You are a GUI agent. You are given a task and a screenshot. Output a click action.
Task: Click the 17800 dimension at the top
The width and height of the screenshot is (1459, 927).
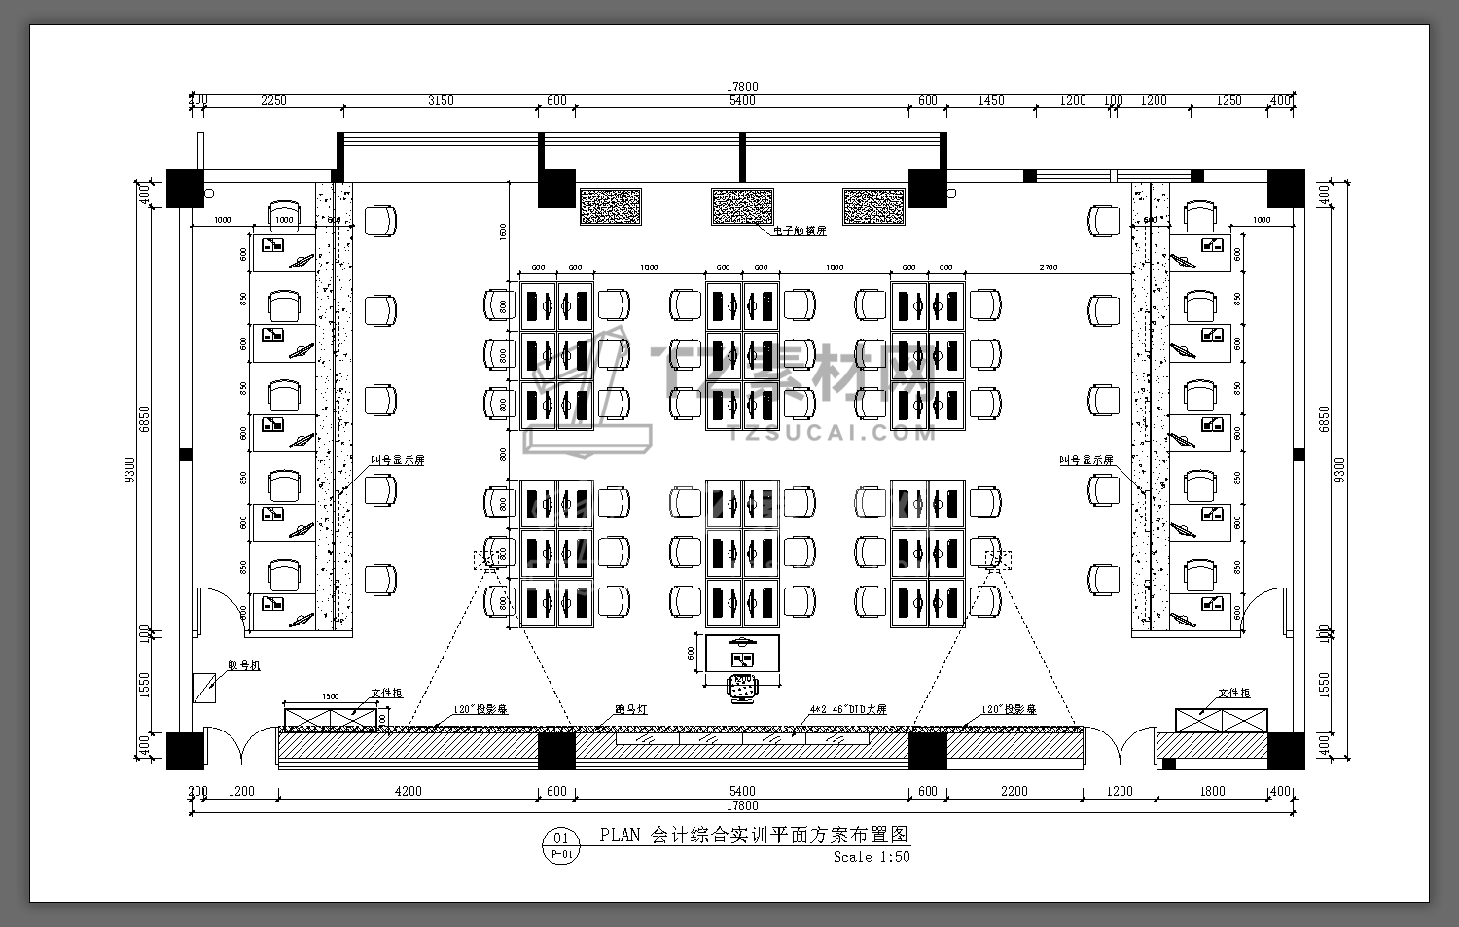pos(741,87)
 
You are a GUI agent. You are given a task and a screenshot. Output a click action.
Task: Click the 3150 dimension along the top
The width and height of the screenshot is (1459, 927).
pos(441,100)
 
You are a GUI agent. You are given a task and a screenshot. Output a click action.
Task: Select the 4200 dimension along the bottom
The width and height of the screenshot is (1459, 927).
pos(408,791)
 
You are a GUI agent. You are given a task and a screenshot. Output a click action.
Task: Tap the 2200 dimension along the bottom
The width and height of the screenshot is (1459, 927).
pos(1014,791)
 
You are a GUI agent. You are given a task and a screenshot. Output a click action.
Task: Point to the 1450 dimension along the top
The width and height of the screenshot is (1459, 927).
pos(991,100)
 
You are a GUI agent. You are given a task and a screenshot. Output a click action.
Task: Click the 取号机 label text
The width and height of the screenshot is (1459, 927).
pos(244,665)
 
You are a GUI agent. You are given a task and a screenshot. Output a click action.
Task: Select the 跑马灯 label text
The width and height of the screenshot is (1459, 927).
pos(630,710)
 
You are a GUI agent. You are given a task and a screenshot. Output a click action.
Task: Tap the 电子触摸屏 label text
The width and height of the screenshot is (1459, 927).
pos(799,232)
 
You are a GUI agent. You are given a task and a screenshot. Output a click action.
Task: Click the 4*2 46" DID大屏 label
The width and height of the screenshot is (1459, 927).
pos(847,710)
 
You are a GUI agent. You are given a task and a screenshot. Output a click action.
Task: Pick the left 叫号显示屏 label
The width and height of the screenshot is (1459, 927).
pos(397,460)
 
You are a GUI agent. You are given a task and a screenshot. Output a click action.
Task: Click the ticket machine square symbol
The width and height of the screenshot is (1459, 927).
pos(205,687)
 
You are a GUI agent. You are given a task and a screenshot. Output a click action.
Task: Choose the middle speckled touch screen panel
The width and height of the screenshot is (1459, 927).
pos(742,206)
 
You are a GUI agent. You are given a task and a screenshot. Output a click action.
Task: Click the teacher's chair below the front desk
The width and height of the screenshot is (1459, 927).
pos(743,688)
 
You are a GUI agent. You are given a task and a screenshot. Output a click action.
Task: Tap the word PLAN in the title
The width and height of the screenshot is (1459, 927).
pos(620,835)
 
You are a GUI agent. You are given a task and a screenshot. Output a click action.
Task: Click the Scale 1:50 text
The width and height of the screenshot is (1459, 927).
pos(872,857)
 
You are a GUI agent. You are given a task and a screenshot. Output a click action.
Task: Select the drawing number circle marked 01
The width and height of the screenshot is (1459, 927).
pos(559,838)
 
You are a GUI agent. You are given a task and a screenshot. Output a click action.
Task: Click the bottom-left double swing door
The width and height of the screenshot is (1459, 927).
pos(228,744)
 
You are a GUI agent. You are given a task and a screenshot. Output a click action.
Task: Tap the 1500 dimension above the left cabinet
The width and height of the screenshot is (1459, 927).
pos(330,696)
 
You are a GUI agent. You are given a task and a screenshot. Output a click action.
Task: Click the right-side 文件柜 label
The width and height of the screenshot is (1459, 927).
pos(1233,693)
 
